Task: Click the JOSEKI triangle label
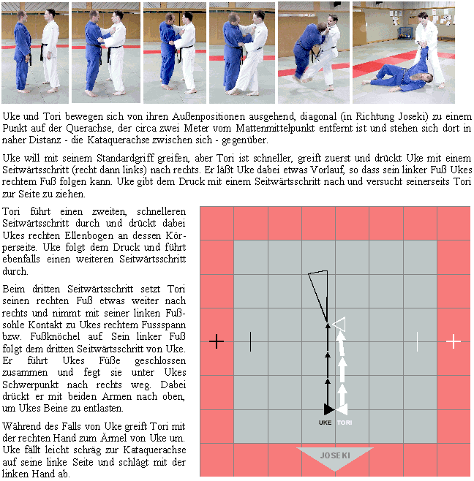[x=335, y=457]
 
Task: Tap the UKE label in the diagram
[x=325, y=423]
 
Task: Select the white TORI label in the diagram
[x=345, y=423]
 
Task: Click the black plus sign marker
[x=217, y=341]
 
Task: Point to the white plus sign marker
[x=454, y=341]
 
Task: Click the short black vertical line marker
[x=250, y=341]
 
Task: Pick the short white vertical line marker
[x=417, y=341]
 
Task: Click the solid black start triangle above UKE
[x=328, y=409]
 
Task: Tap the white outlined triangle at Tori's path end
[x=339, y=325]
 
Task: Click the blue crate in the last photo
[x=405, y=33]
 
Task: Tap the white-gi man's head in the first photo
[x=50, y=15]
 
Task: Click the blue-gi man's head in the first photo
[x=21, y=16]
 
